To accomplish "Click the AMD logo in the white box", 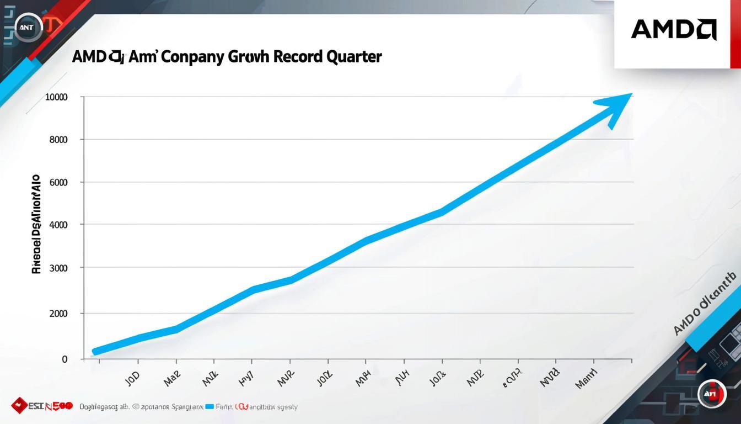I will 673,29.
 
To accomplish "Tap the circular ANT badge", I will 28,27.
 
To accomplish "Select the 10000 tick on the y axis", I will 57,97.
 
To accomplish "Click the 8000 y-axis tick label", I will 58,140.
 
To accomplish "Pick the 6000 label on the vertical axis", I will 58,182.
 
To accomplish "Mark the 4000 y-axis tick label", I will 58,225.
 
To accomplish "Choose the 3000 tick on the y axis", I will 58,268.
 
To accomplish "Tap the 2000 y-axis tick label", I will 58,314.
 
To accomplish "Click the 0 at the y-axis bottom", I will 65,359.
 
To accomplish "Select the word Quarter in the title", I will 354,56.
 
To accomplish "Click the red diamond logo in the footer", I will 20,406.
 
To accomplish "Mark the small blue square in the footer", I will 209,407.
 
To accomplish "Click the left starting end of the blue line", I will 95,351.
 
